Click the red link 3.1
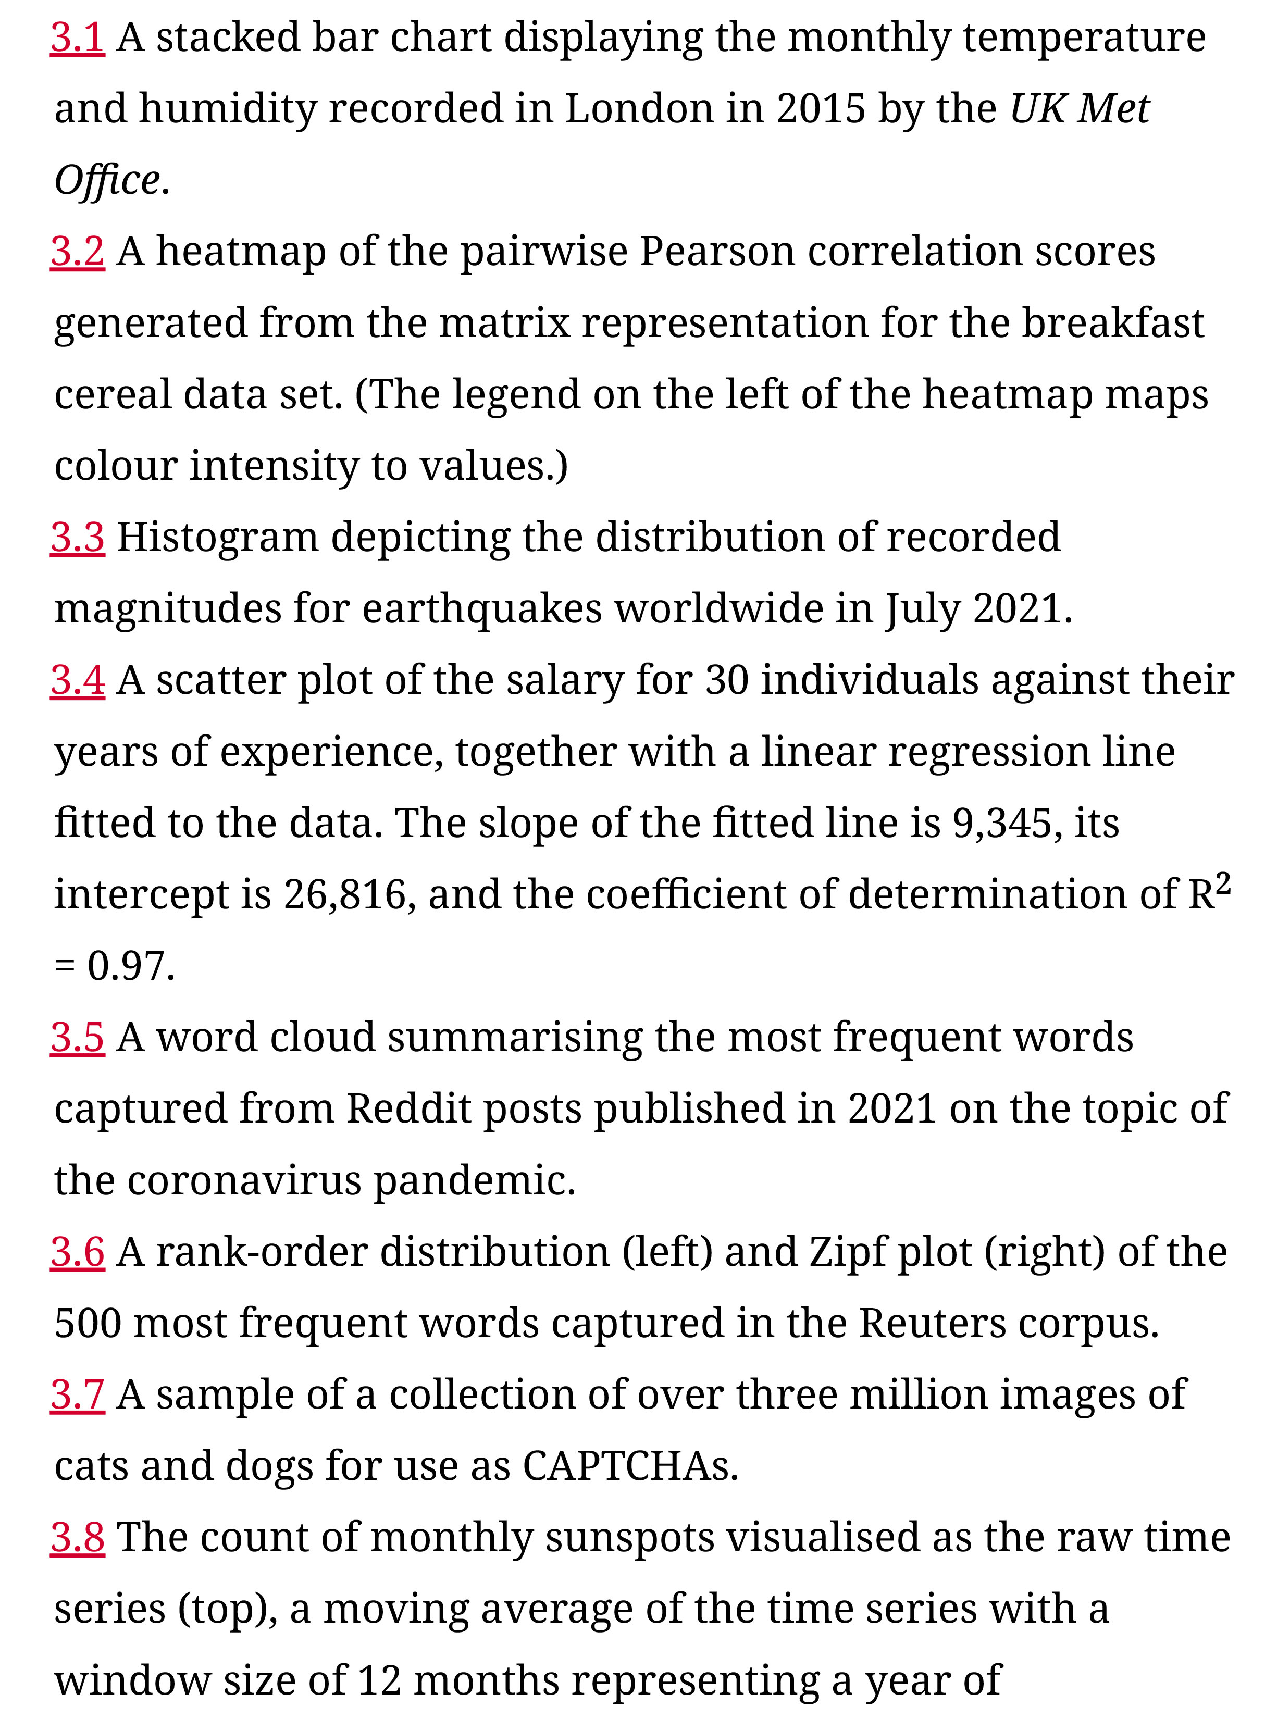click(x=77, y=38)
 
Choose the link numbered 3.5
click(x=77, y=1038)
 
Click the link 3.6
click(x=77, y=1252)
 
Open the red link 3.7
click(x=77, y=1394)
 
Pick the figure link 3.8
click(x=77, y=1538)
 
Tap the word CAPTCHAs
click(x=630, y=1466)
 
